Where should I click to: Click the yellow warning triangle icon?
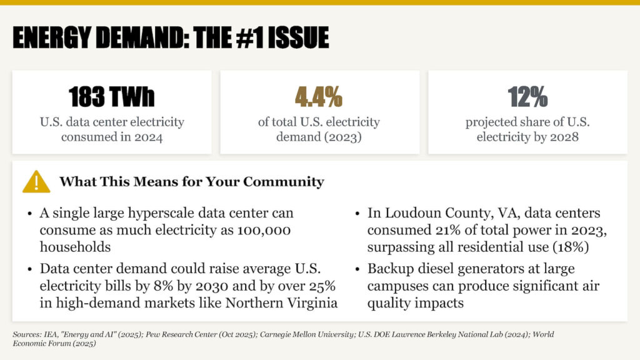coord(36,182)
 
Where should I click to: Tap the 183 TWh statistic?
coord(111,97)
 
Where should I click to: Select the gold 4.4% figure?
coord(319,97)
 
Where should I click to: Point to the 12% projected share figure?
coord(527,97)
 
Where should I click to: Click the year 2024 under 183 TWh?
coord(148,137)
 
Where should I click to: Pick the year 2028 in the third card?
coord(564,137)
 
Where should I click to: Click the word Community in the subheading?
coord(284,182)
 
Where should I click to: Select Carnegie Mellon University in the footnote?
coord(307,334)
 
